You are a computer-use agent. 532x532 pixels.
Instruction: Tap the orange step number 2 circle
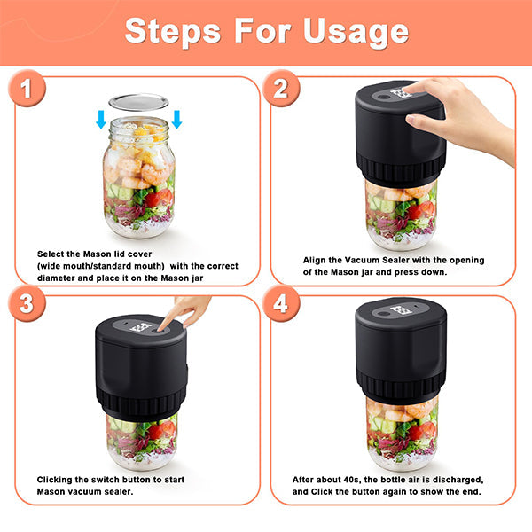point(280,90)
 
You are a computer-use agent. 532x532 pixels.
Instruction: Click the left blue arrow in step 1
point(102,119)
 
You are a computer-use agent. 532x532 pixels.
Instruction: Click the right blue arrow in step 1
point(176,119)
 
